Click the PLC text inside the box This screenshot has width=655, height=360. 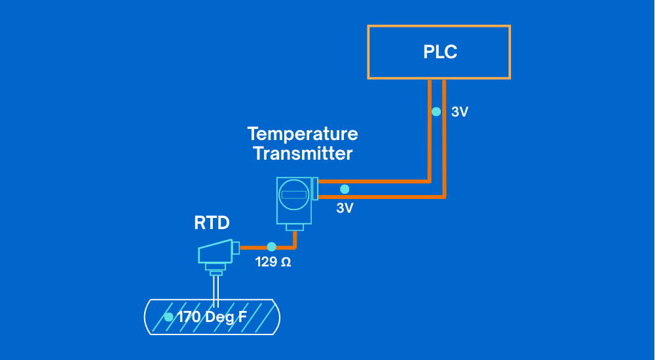coord(440,52)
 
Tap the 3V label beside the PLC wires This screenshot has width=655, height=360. coord(460,112)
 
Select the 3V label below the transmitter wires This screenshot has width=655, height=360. coord(345,208)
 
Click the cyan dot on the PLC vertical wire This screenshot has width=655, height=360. coord(436,112)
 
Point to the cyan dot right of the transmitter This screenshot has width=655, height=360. coord(345,189)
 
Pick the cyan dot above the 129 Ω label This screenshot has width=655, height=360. coord(271,247)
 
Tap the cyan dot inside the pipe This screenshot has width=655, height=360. coord(168,317)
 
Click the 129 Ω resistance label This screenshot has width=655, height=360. coord(272,264)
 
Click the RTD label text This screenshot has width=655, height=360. coord(212,223)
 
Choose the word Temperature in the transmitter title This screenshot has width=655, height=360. coord(302,134)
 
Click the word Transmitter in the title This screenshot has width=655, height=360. coord(302,154)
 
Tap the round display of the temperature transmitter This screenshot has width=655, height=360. coord(293,194)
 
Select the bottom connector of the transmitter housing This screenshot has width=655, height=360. coord(294,227)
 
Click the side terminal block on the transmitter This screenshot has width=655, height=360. coord(315,189)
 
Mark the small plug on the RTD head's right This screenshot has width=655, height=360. coord(236,247)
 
